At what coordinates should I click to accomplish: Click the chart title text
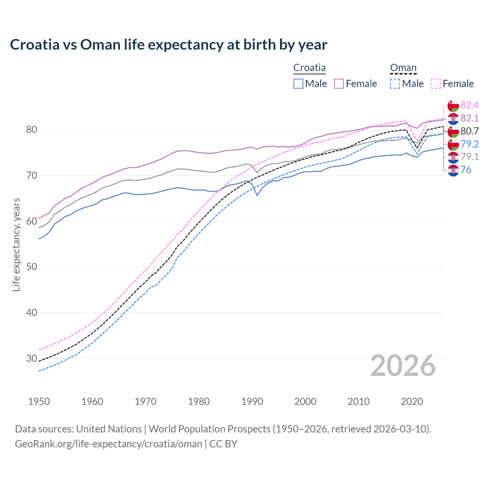pos(168,45)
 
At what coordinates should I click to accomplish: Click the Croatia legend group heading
pos(309,68)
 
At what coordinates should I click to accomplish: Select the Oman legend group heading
pos(403,68)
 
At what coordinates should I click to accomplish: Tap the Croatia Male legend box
pos(298,84)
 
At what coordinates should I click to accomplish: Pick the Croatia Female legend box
pos(339,84)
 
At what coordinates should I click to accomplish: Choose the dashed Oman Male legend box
pos(395,84)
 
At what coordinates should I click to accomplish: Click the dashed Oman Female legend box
pos(436,84)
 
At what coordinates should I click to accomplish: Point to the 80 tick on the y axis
pos(31,130)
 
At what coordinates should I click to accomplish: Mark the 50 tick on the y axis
pos(31,267)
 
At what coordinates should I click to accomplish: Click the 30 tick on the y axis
pos(31,358)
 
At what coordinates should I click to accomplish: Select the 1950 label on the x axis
pos(39,402)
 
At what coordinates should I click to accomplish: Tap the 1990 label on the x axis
pos(252,402)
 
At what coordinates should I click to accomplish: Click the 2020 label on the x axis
pos(412,402)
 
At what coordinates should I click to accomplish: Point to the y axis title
pos(16,244)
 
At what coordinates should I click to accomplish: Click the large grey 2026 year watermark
pos(403,366)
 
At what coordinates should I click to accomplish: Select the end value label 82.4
pos(470,105)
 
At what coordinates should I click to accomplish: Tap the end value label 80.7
pos(470,131)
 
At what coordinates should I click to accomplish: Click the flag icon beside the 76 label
pos(453,170)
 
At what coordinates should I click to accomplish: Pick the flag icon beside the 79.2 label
pos(453,144)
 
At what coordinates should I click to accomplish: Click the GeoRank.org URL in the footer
pos(108,444)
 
